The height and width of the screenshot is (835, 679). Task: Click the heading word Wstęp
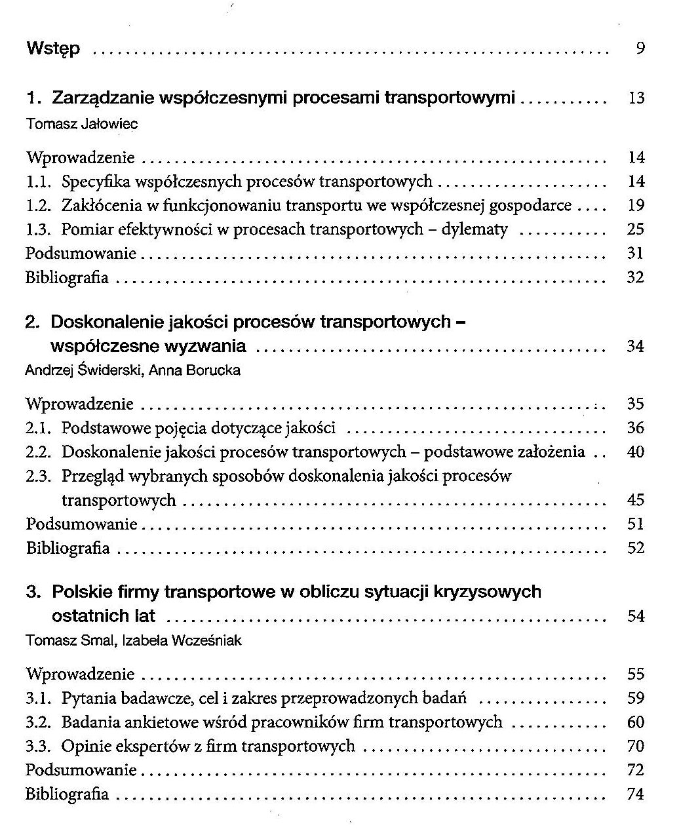tap(53, 49)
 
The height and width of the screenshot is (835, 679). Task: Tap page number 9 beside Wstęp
tap(640, 49)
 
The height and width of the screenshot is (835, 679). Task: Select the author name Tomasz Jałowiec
tap(82, 124)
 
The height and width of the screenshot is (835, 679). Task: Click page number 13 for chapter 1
tap(636, 99)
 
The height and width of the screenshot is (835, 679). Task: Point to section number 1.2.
tap(38, 205)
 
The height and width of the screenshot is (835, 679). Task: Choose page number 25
tap(636, 229)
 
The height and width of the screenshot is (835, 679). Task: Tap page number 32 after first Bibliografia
tap(636, 277)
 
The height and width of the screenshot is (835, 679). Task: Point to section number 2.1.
tap(38, 429)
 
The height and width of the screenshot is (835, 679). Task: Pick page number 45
tap(636, 500)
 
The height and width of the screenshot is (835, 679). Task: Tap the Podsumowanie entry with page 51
tap(81, 524)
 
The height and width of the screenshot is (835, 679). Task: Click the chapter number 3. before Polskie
tap(34, 592)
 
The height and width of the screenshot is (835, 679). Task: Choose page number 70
tap(636, 746)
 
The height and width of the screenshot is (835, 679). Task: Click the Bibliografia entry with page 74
tap(68, 794)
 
